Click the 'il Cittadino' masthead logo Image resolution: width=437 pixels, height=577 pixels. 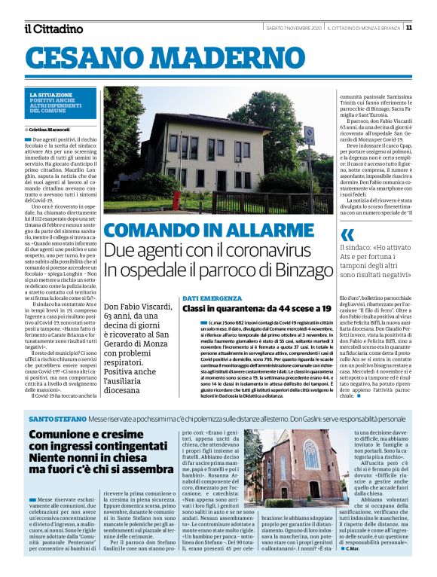pos(53,29)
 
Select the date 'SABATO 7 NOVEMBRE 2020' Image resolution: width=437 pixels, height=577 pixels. pos(295,28)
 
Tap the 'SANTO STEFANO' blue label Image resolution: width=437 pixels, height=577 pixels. pos(57,417)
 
